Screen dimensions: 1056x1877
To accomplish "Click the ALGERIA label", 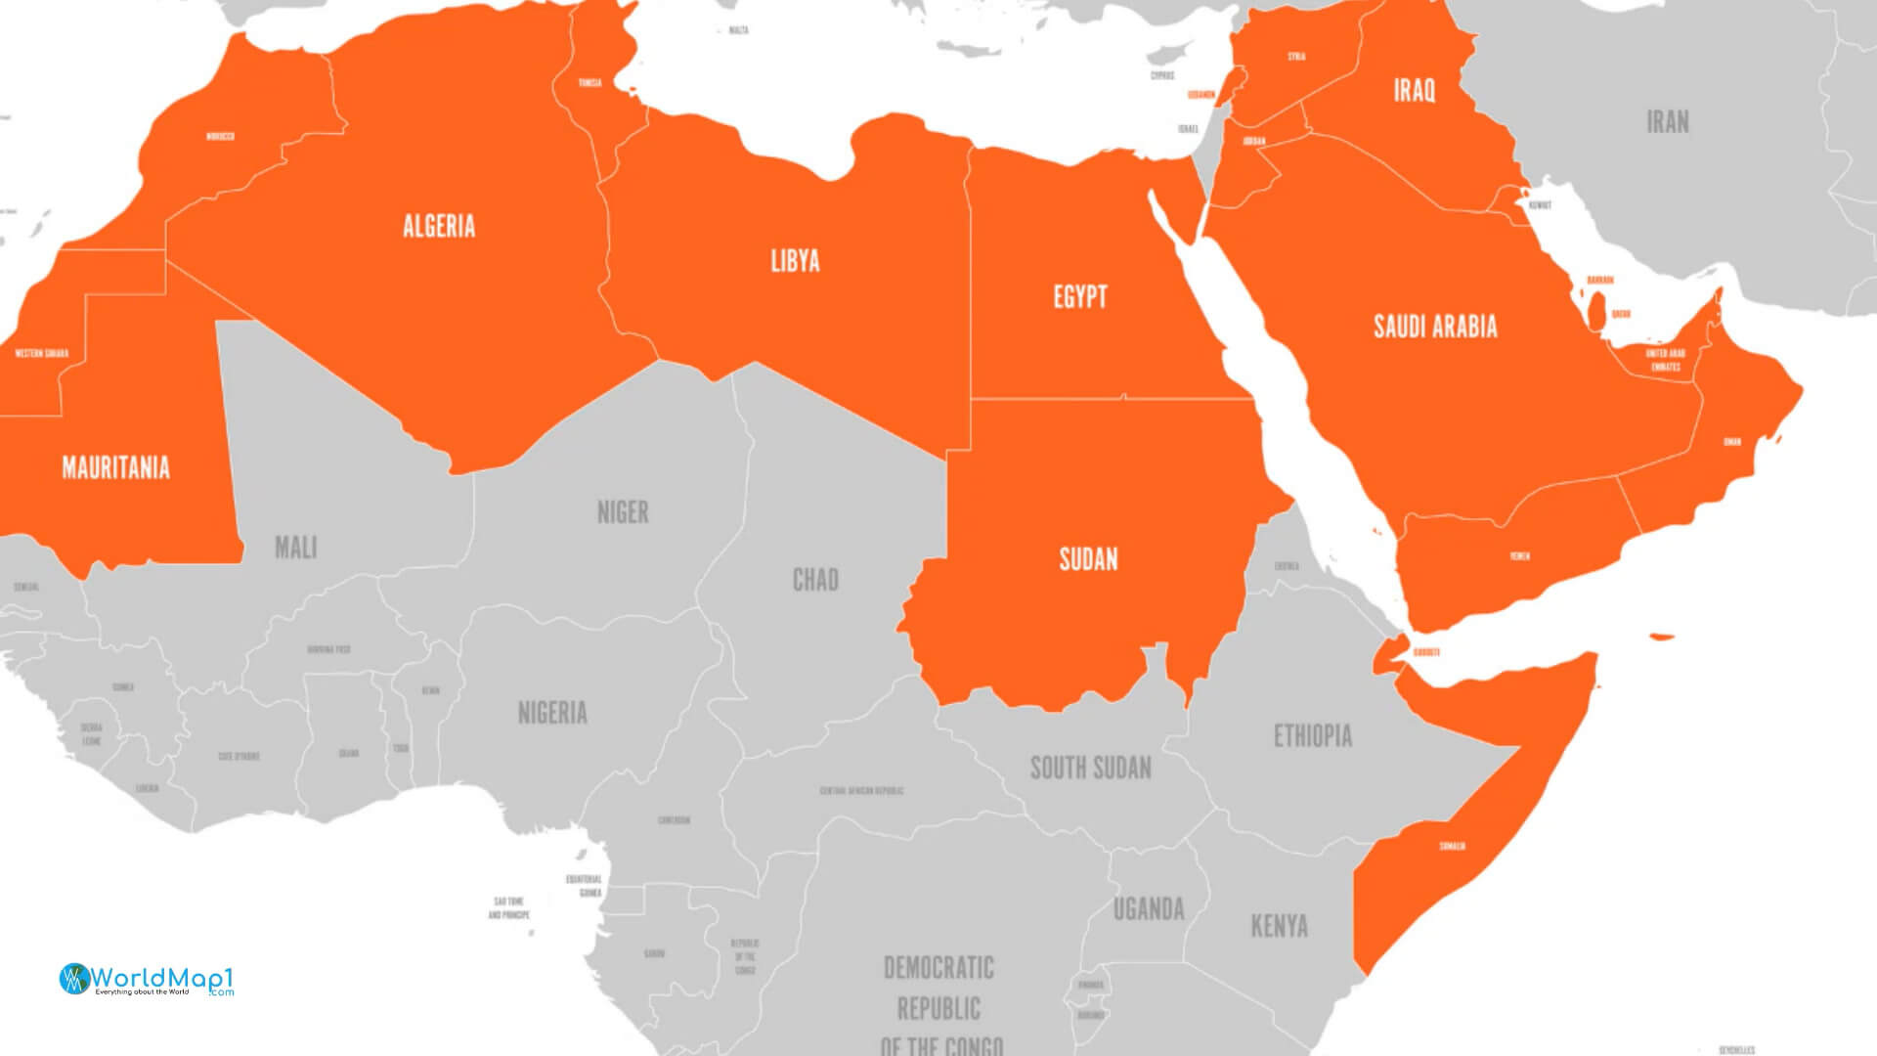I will pyautogui.click(x=439, y=227).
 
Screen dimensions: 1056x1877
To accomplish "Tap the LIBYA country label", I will pyautogui.click(x=795, y=261).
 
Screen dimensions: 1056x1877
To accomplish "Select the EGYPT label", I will pyautogui.click(x=1080, y=297).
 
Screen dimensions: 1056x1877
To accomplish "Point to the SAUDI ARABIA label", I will pyautogui.click(x=1435, y=327).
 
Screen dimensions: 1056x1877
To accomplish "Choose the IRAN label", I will pyautogui.click(x=1668, y=122).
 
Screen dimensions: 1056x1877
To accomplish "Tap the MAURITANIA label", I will pyautogui.click(x=115, y=467).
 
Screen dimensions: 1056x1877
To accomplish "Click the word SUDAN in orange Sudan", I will pyautogui.click(x=1088, y=559).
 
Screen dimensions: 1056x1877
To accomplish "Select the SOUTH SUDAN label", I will pyautogui.click(x=1090, y=769).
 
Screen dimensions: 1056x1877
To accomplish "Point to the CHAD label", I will pyautogui.click(x=815, y=581).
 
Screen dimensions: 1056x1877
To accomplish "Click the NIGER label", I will pyautogui.click(x=623, y=512).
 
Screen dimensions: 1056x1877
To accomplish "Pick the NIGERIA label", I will pyautogui.click(x=552, y=713).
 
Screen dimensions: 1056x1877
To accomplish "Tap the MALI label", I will pyautogui.click(x=295, y=548).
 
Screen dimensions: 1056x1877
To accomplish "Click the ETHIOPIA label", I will pyautogui.click(x=1313, y=736).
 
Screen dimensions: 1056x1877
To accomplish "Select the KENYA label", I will pyautogui.click(x=1279, y=926).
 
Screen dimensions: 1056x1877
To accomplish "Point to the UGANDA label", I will pyautogui.click(x=1149, y=910).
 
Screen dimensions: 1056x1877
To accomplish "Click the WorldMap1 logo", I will pyautogui.click(x=147, y=980).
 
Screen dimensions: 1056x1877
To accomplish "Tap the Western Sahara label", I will pyautogui.click(x=42, y=353).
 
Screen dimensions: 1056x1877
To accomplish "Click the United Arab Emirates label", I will pyautogui.click(x=1666, y=360).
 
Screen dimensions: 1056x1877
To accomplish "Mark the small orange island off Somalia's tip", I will pyautogui.click(x=1661, y=638).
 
